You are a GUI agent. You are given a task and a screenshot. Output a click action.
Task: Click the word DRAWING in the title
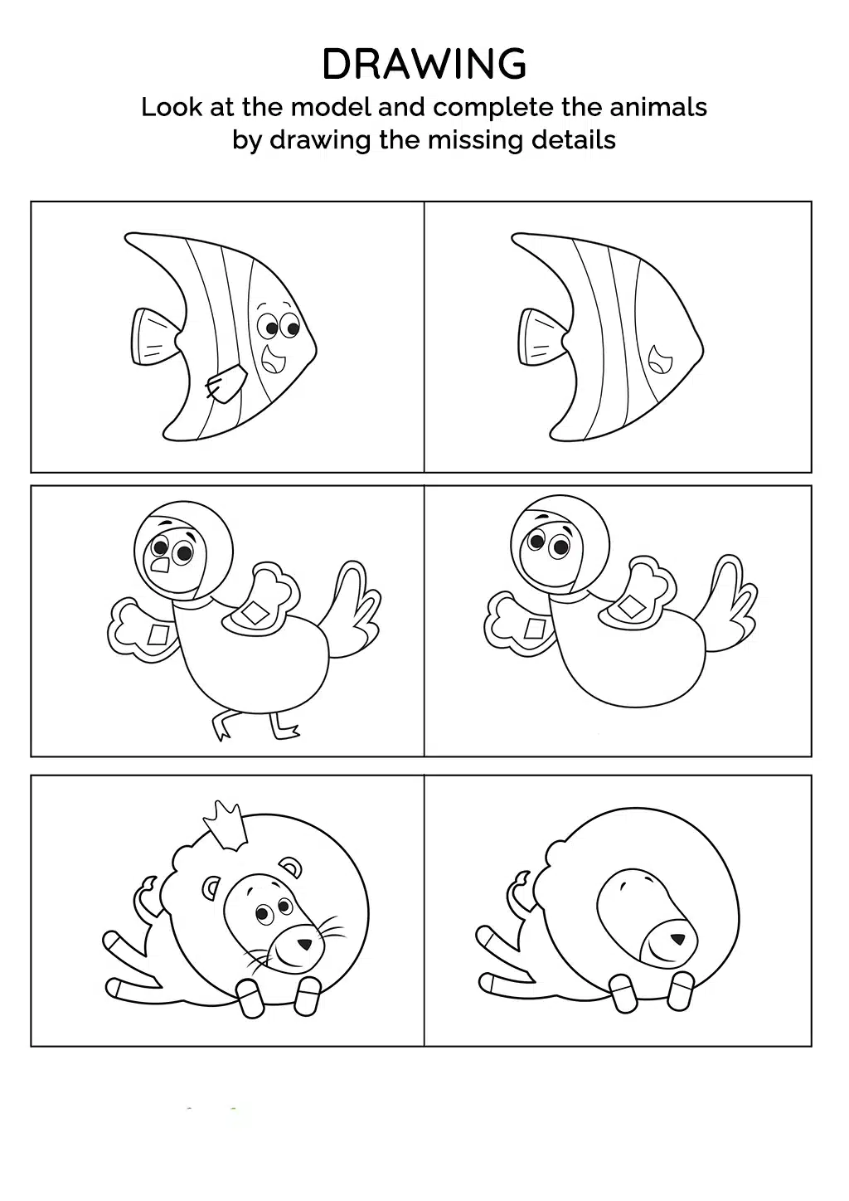point(424,64)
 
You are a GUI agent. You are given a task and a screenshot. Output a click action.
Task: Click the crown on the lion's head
point(226,826)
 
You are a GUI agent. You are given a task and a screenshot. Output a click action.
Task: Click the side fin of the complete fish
point(226,382)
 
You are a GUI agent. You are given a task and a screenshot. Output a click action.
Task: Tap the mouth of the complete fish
point(273,359)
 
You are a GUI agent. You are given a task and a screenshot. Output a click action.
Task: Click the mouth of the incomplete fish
point(660,359)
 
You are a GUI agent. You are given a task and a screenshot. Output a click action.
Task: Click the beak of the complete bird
point(159,564)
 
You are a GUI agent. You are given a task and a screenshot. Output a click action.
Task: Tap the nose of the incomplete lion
point(678,940)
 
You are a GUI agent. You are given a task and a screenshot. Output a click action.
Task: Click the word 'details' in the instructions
point(573,140)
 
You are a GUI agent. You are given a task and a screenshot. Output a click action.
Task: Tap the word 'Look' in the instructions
point(172,107)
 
